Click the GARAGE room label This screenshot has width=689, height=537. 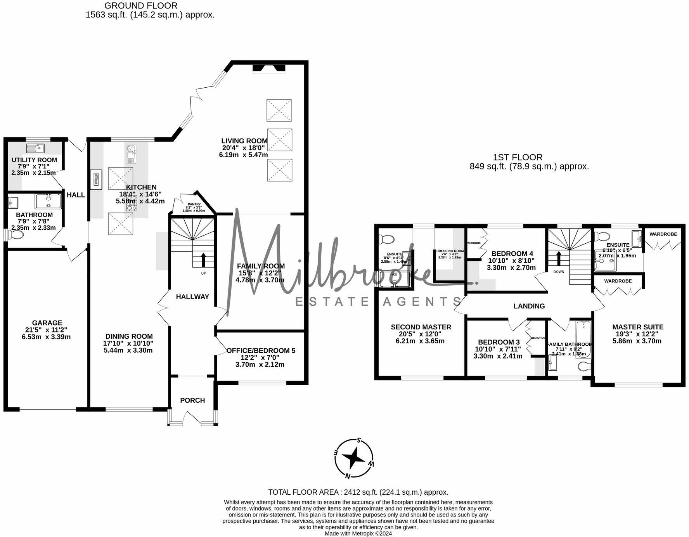[47, 323]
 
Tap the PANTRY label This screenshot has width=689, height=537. [194, 204]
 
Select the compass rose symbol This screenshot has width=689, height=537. [354, 459]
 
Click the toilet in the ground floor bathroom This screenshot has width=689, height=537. [16, 235]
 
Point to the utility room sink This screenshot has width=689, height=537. [36, 148]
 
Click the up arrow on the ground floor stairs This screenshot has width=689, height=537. [203, 259]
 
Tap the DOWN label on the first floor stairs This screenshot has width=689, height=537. [559, 272]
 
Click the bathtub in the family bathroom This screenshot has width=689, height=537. [583, 338]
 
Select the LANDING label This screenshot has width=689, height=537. [529, 306]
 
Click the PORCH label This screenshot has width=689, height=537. [192, 400]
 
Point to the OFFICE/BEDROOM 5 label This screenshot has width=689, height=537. [261, 351]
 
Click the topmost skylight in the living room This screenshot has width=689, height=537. [279, 111]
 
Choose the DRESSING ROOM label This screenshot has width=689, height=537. [450, 251]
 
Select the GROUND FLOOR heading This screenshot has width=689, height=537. [141, 6]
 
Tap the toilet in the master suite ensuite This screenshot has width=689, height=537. [602, 236]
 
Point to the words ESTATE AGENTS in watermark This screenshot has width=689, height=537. [378, 301]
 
